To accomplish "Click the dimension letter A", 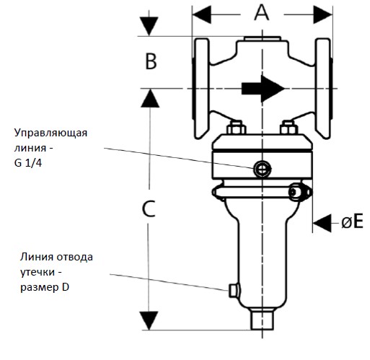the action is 262,12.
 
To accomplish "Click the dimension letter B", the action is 151,61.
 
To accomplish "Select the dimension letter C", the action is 149,208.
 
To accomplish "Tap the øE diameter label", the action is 352,221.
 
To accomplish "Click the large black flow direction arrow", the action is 263,89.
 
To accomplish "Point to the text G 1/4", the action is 28,163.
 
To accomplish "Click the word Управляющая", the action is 50,133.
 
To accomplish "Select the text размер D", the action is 45,287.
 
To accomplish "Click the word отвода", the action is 77,257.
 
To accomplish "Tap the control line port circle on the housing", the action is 263,170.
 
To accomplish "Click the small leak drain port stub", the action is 233,290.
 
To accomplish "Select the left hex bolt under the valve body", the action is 236,128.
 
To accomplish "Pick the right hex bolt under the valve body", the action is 288,128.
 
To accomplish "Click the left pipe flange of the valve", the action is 201,89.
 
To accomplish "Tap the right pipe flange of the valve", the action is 324,89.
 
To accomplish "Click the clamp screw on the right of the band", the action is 299,192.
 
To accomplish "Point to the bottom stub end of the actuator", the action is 262,320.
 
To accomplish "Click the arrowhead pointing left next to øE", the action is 322,223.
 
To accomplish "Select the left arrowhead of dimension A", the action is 202,14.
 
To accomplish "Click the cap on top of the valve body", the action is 263,39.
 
